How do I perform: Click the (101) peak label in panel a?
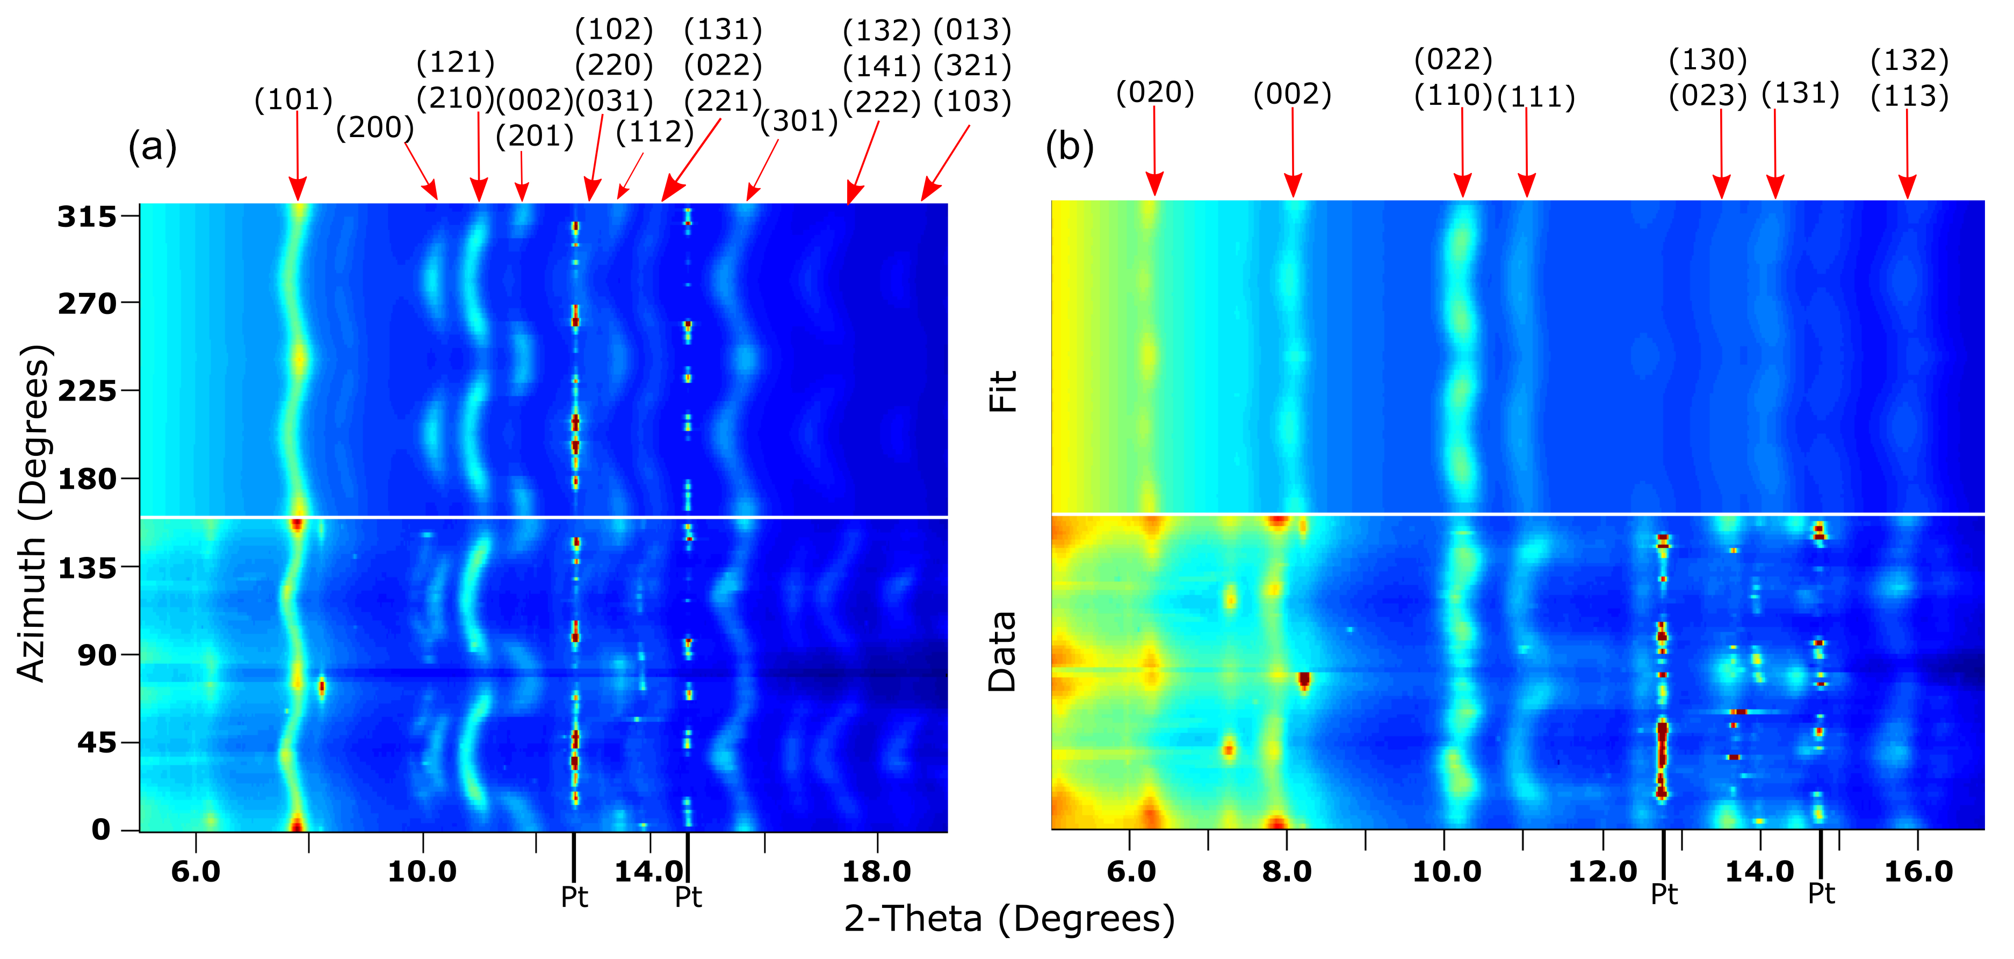click(294, 99)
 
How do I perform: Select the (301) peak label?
click(799, 121)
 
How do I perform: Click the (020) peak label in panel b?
click(1155, 92)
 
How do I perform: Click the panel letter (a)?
click(153, 146)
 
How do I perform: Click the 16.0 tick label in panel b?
click(1918, 871)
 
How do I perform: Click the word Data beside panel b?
click(1002, 652)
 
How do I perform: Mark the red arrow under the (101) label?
click(297, 156)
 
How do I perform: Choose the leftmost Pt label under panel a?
click(575, 897)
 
